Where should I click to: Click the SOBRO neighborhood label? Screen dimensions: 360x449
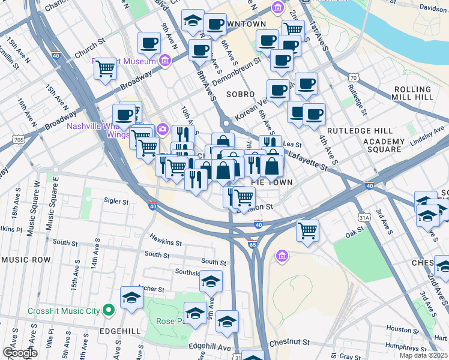(x=240, y=94)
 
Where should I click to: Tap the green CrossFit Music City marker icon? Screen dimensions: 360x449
(x=108, y=310)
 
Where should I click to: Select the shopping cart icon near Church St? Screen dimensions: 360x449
(x=105, y=69)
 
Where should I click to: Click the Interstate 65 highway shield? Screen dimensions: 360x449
(x=253, y=244)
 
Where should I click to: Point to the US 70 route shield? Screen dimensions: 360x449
(x=354, y=77)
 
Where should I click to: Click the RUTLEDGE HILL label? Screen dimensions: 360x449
(x=360, y=130)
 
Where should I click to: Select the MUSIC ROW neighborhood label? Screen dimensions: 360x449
(x=26, y=260)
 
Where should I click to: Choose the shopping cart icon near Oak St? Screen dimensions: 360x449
(x=308, y=230)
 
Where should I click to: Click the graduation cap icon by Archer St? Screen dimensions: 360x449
(x=131, y=298)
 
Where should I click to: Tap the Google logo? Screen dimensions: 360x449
(x=20, y=353)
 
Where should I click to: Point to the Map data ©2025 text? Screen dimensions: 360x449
(x=423, y=355)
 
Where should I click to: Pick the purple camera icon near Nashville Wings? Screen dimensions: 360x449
(x=162, y=130)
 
